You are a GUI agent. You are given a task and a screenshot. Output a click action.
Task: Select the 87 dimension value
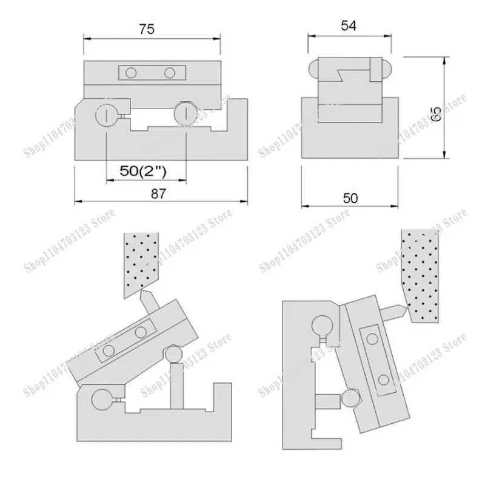pos(158,193)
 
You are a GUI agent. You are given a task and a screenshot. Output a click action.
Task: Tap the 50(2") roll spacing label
pos(144,171)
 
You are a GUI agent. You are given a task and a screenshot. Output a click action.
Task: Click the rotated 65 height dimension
pos(435,113)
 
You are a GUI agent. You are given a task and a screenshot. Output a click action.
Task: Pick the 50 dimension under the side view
pos(350,198)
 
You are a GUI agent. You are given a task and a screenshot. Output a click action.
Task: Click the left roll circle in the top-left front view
pos(106,115)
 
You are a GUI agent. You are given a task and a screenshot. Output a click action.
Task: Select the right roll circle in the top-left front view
pos(184,113)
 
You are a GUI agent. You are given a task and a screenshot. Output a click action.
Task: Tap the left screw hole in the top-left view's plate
pos(130,73)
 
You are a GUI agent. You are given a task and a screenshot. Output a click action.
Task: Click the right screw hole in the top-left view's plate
pos(170,73)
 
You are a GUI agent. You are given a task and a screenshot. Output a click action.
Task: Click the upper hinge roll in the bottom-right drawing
pos(322,327)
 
